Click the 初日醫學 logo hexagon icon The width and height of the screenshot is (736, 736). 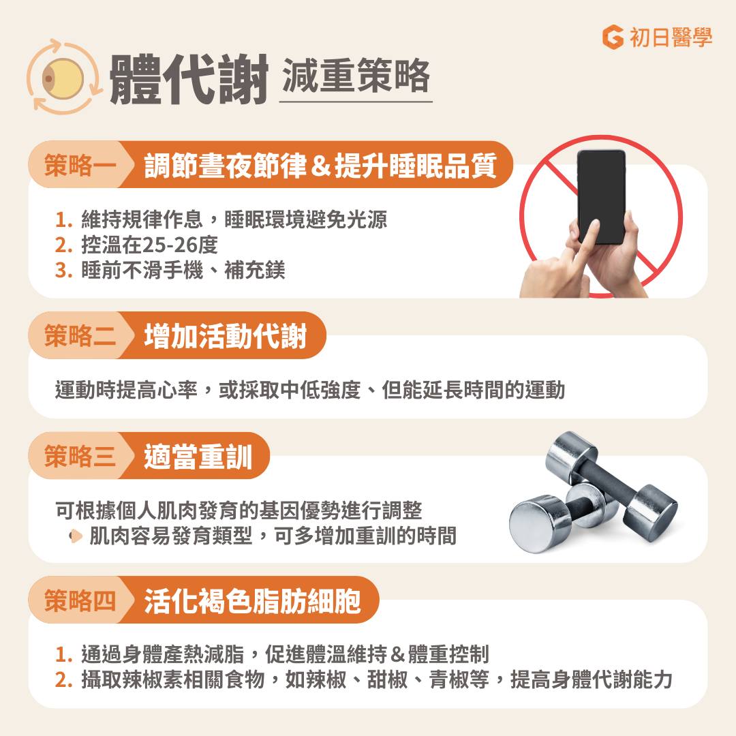coord(613,37)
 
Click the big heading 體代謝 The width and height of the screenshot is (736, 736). coord(188,79)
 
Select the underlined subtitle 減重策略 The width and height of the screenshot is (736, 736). coord(355,76)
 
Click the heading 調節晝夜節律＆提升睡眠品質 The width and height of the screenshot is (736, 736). coord(320,166)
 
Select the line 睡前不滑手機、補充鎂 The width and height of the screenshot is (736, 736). coord(183,270)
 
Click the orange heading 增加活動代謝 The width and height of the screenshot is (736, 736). coord(225,336)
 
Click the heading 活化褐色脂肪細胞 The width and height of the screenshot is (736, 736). coord(252,600)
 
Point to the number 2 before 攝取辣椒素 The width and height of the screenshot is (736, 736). coord(63,680)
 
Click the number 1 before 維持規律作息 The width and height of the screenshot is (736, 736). coord(63,220)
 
